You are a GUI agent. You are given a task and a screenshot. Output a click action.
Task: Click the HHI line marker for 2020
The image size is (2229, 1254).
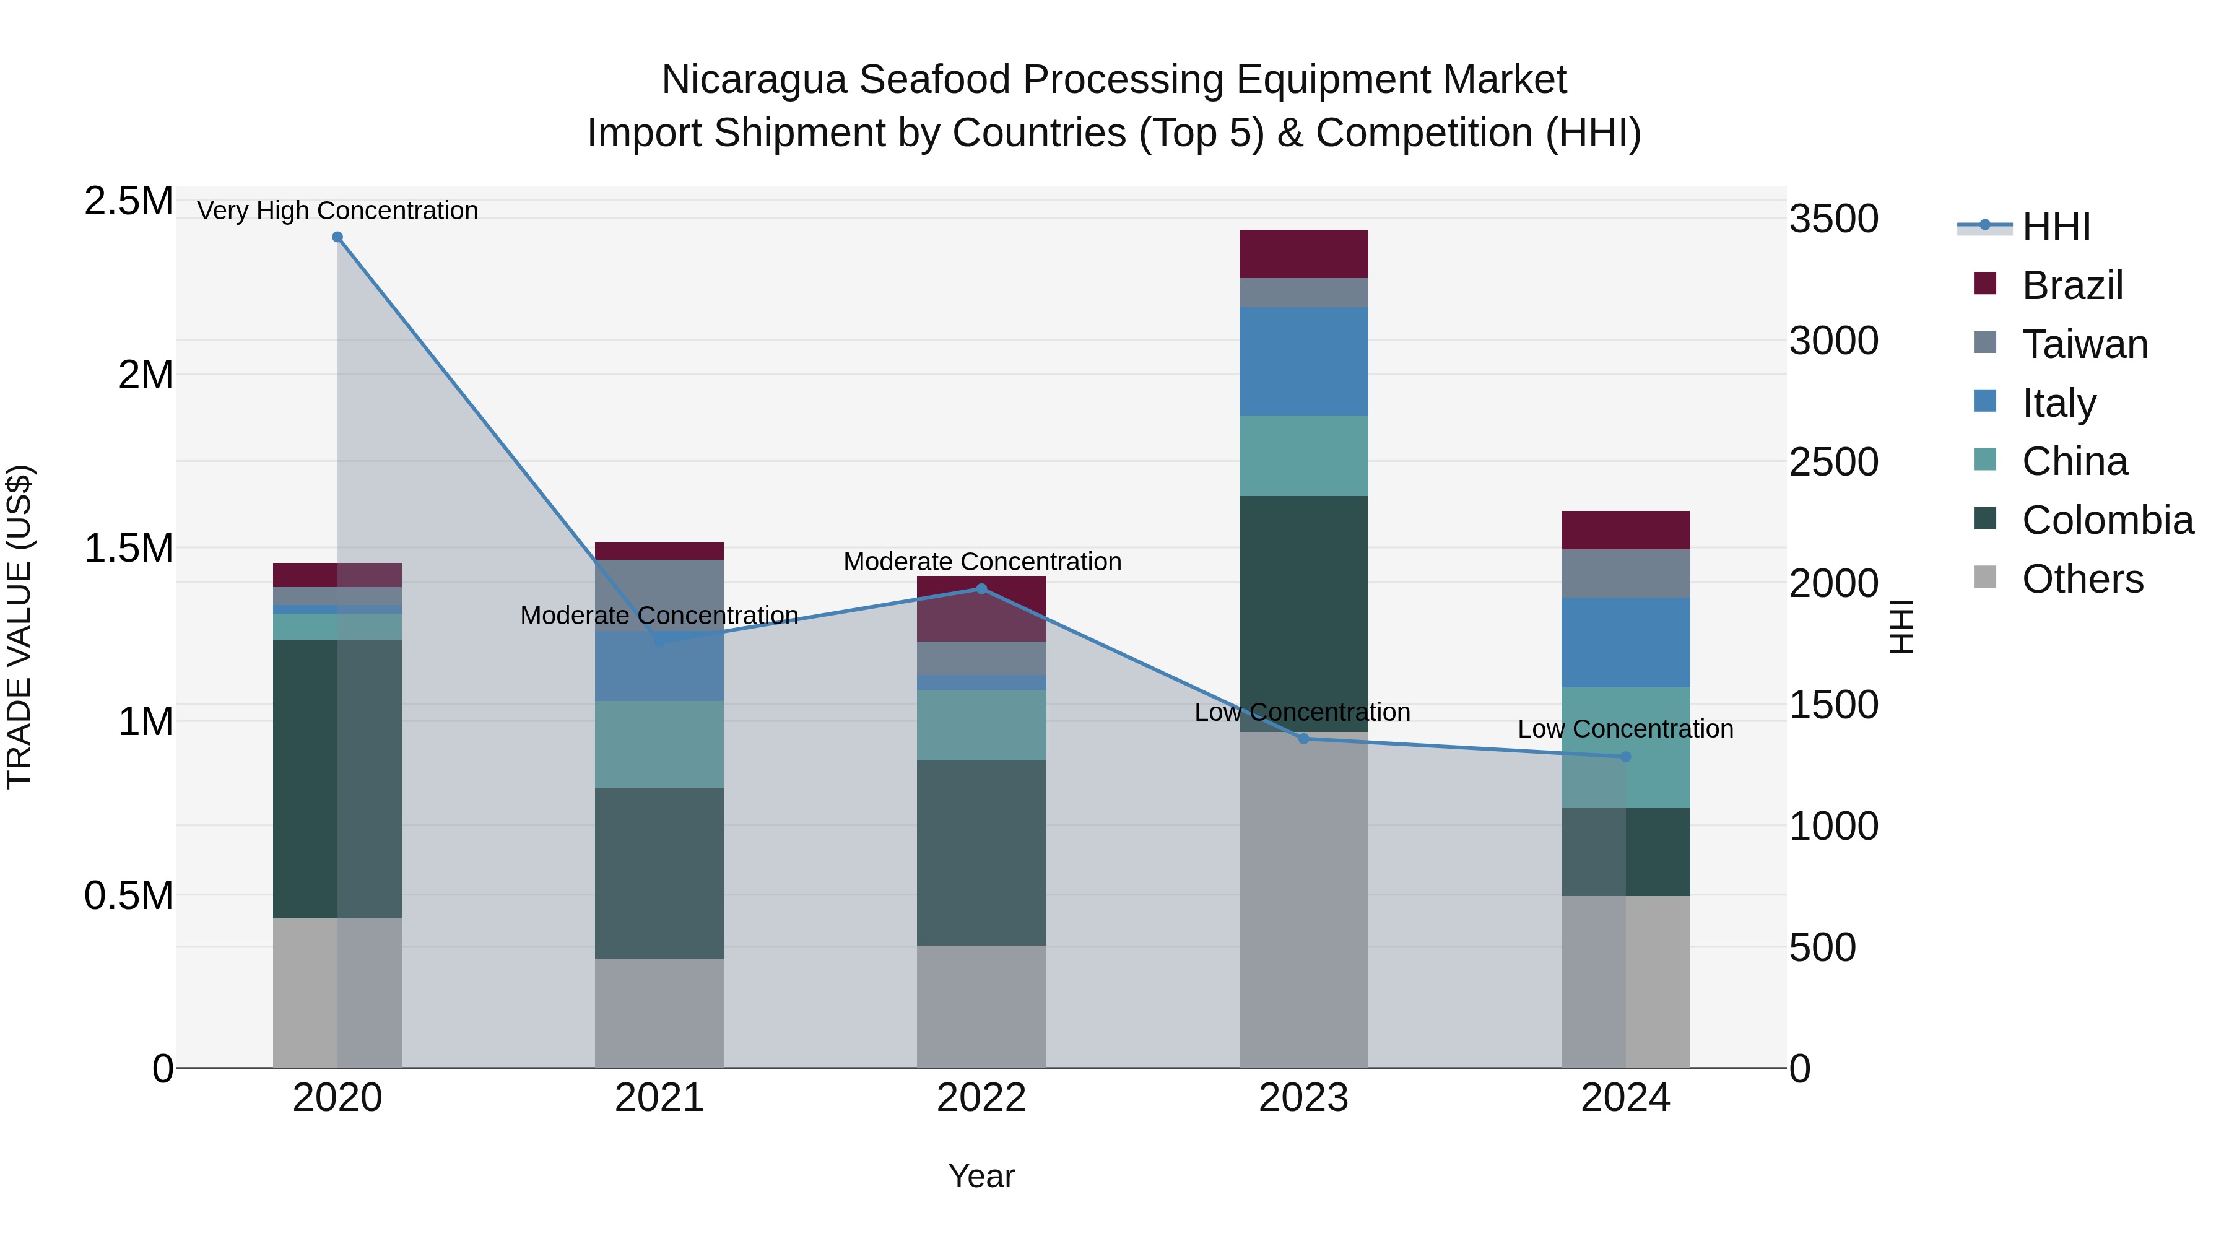pyautogui.click(x=337, y=237)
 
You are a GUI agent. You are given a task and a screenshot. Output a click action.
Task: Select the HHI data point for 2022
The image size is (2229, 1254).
pyautogui.click(x=981, y=590)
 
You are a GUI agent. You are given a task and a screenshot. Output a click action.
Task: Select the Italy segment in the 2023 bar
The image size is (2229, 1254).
pyautogui.click(x=1303, y=361)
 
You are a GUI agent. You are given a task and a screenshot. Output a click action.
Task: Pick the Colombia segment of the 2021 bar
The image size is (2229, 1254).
pyautogui.click(x=659, y=873)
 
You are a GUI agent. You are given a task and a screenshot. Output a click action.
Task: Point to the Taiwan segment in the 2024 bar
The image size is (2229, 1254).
pyautogui.click(x=1625, y=574)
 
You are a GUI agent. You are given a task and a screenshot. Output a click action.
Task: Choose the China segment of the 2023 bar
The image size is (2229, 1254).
pyautogui.click(x=1303, y=455)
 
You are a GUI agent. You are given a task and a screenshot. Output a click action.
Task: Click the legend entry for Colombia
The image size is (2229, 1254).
pyautogui.click(x=2107, y=520)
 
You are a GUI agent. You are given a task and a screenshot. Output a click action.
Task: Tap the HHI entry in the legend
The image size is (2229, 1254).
pyautogui.click(x=2055, y=227)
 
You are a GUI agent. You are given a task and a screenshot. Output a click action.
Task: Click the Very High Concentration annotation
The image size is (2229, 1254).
pyautogui.click(x=337, y=211)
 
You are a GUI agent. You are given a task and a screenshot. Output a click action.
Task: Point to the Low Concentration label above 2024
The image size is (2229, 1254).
pyautogui.click(x=1625, y=729)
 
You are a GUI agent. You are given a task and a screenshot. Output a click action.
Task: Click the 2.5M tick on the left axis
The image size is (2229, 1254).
pyautogui.click(x=128, y=202)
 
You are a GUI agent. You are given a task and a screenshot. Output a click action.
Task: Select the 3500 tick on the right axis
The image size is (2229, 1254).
pyautogui.click(x=1833, y=219)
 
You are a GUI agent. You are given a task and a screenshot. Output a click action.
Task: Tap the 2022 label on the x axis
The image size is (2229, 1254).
pyautogui.click(x=981, y=1098)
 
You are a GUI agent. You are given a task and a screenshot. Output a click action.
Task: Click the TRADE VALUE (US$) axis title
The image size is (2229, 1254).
pyautogui.click(x=19, y=627)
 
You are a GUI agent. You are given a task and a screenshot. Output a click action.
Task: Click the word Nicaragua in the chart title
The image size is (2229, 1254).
pyautogui.click(x=754, y=81)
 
